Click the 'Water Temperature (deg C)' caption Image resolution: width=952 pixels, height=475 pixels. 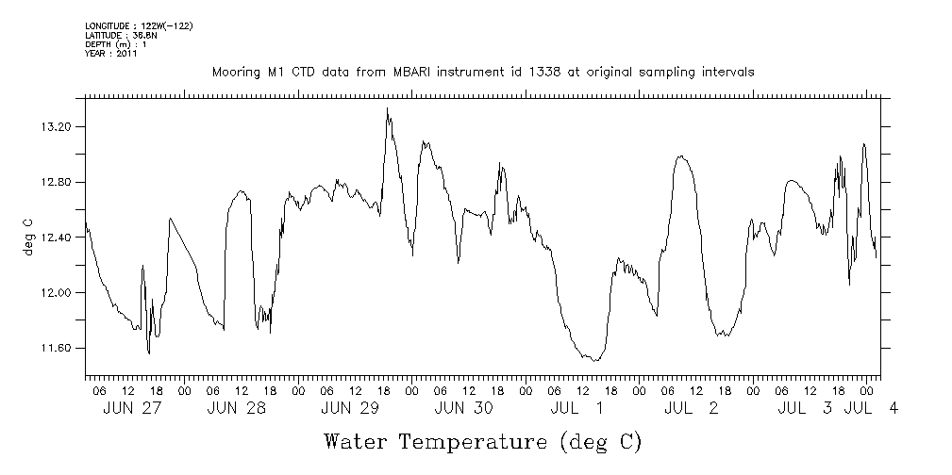483,441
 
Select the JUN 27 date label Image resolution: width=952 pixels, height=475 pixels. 133,408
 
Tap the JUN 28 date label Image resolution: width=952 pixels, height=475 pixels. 236,408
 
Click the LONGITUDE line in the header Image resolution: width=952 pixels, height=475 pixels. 139,25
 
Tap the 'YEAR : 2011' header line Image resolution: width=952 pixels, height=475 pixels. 111,54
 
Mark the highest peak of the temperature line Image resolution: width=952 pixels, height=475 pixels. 387,108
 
